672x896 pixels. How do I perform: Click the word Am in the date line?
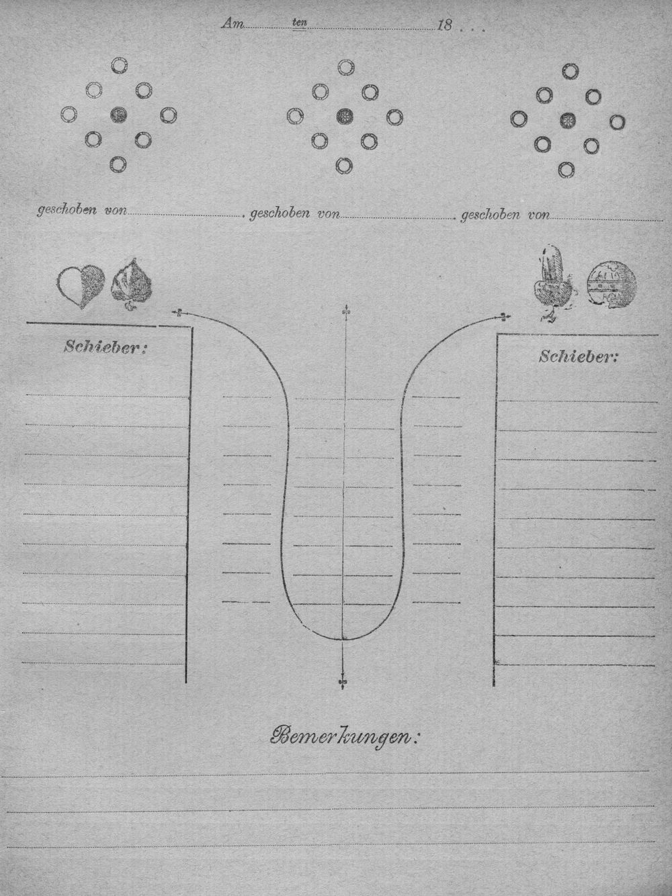pyautogui.click(x=233, y=24)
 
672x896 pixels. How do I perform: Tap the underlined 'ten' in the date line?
pyautogui.click(x=300, y=23)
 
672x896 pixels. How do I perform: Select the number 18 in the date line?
pyautogui.click(x=444, y=26)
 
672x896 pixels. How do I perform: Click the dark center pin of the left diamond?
pyautogui.click(x=118, y=115)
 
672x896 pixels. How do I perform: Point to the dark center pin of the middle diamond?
pyautogui.click(x=345, y=116)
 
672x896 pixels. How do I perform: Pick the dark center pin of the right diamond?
pyautogui.click(x=567, y=120)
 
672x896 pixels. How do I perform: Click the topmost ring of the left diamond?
pyautogui.click(x=120, y=65)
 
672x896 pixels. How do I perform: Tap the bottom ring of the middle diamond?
pyautogui.click(x=344, y=166)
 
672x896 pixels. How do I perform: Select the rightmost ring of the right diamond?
pyautogui.click(x=617, y=121)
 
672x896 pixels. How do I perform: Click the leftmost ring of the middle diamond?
pyautogui.click(x=295, y=116)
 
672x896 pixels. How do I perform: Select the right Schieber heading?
pyautogui.click(x=579, y=356)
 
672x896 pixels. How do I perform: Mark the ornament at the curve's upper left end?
pyautogui.click(x=178, y=313)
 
